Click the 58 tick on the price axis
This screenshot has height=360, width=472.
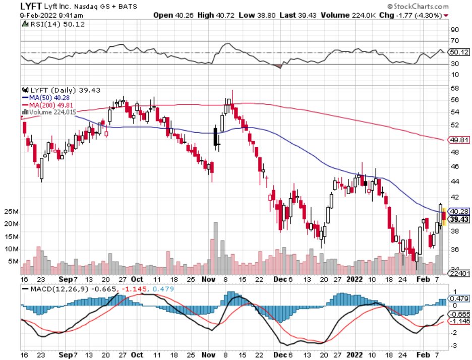(454, 88)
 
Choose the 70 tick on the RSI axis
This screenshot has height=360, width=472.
(454, 41)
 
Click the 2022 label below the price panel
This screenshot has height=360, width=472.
(355, 279)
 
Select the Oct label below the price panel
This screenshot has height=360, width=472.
(137, 279)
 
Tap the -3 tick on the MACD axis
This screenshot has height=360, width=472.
(454, 345)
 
